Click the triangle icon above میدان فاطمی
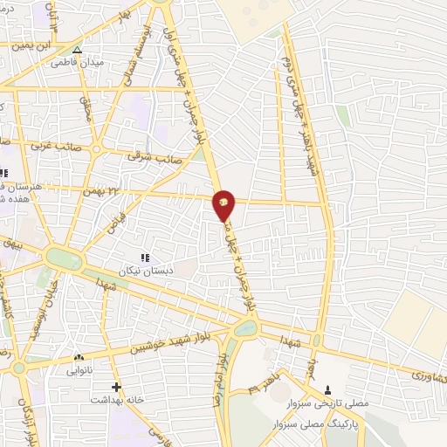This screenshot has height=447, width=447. coord(77,50)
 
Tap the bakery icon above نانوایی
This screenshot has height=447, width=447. coord(79,357)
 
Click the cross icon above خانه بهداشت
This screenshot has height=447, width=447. coord(116,386)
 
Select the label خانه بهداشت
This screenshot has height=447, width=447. coord(116,399)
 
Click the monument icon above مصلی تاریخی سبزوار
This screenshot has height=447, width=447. coord(327,390)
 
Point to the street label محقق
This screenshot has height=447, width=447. coord(86,109)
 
